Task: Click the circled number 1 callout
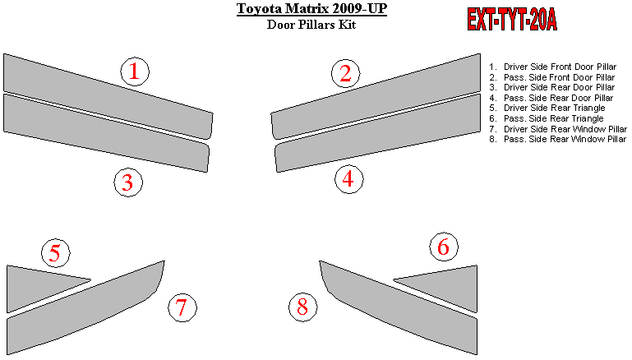pyautogui.click(x=135, y=72)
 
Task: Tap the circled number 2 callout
pyautogui.click(x=346, y=73)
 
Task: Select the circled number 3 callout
pyautogui.click(x=128, y=182)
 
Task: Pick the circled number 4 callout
pyautogui.click(x=349, y=179)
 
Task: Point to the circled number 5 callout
pyautogui.click(x=56, y=253)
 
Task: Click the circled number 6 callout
pyautogui.click(x=444, y=247)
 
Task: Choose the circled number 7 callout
pyautogui.click(x=182, y=307)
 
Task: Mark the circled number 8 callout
pyautogui.click(x=303, y=307)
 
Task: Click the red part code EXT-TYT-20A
pyautogui.click(x=512, y=20)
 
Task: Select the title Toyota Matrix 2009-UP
pyautogui.click(x=311, y=8)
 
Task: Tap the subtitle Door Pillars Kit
pyautogui.click(x=311, y=25)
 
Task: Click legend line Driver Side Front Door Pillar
pyautogui.click(x=553, y=67)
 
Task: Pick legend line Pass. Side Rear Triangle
pyautogui.click(x=547, y=118)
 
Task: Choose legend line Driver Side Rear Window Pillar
pyautogui.click(x=558, y=129)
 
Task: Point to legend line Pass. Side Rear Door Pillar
pyautogui.click(x=551, y=98)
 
